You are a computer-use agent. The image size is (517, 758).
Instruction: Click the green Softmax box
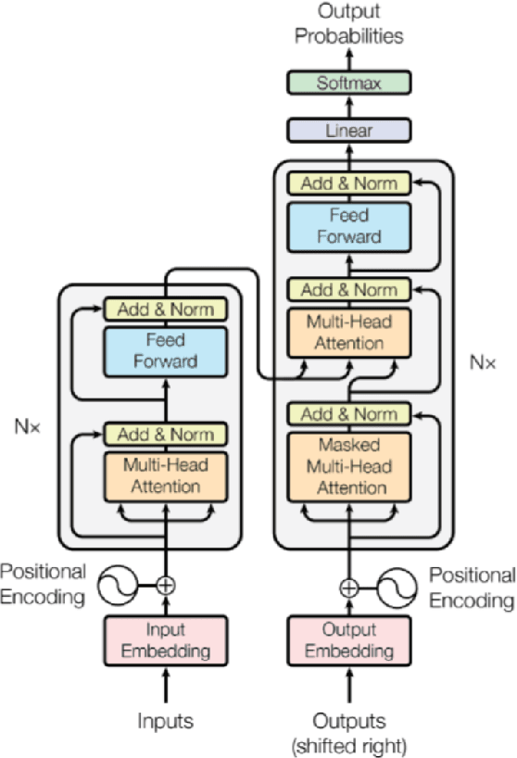tap(347, 82)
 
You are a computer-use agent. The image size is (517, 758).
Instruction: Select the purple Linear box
tap(347, 130)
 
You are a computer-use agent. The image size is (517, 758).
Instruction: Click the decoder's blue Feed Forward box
tap(347, 225)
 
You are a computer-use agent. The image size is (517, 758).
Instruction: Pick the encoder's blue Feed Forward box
tap(165, 350)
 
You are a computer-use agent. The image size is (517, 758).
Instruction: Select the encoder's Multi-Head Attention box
tap(165, 475)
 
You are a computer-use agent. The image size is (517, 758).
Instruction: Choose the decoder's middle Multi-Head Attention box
tap(347, 332)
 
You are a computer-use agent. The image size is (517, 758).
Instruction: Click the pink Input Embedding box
tap(165, 640)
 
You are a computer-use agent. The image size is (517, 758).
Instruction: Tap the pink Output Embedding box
tap(347, 640)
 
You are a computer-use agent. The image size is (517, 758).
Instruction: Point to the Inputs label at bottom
tap(165, 719)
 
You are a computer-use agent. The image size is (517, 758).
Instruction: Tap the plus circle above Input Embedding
tap(165, 585)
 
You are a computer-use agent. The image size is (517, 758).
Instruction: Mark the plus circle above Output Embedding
tap(348, 587)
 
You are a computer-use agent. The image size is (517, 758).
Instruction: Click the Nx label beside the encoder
tap(27, 428)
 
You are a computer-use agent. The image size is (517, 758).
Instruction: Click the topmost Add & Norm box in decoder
tap(347, 183)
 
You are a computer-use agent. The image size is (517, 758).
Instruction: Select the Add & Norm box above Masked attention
tap(347, 413)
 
